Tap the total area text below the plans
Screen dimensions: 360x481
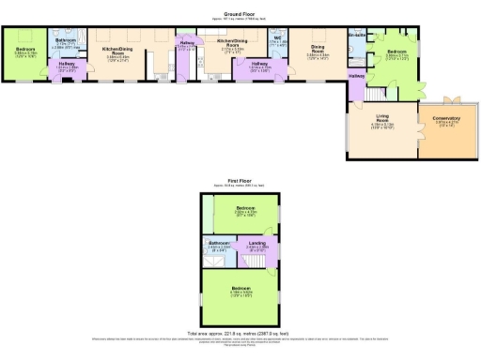pyautogui.click(x=240, y=333)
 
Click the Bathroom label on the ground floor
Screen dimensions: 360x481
pyautogui.click(x=65, y=41)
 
